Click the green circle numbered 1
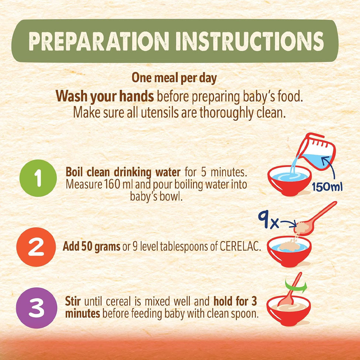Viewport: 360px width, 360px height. (38, 178)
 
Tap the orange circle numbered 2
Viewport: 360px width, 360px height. (36, 247)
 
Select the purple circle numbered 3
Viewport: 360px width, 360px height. (37, 308)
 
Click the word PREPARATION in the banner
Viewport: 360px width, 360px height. (99, 41)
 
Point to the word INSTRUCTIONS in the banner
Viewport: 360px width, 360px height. (250, 41)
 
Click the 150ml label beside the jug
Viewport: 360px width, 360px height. (327, 187)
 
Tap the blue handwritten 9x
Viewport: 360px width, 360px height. (268, 220)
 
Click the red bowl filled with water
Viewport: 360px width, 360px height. (289, 181)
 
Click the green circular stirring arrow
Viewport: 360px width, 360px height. (296, 286)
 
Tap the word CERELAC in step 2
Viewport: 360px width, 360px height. (240, 247)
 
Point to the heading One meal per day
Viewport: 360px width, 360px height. (174, 78)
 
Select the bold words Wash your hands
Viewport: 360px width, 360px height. (105, 96)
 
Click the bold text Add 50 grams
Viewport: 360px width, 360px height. (91, 247)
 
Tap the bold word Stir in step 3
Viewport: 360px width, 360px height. (73, 301)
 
